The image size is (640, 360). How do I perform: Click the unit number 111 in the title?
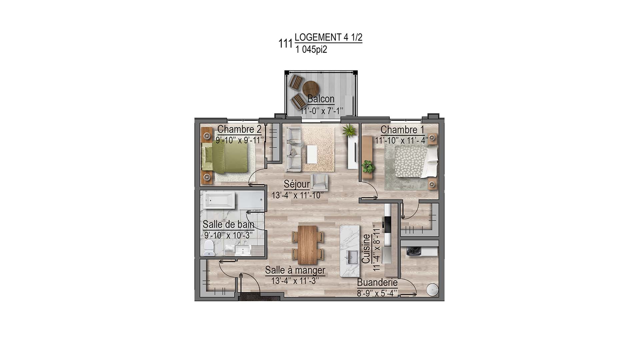tap(285, 44)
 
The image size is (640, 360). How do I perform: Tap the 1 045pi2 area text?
tap(311, 50)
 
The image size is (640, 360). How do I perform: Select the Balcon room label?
tap(321, 99)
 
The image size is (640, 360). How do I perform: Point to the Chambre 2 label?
tap(239, 129)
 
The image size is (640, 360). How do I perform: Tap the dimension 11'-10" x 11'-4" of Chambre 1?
tap(401, 141)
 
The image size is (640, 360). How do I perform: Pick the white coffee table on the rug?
tap(312, 154)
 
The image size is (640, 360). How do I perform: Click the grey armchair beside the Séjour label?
tap(319, 182)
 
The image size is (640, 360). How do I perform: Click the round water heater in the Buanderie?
tap(433, 290)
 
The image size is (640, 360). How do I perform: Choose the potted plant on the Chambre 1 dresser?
tap(368, 166)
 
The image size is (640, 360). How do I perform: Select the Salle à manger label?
tap(295, 270)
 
